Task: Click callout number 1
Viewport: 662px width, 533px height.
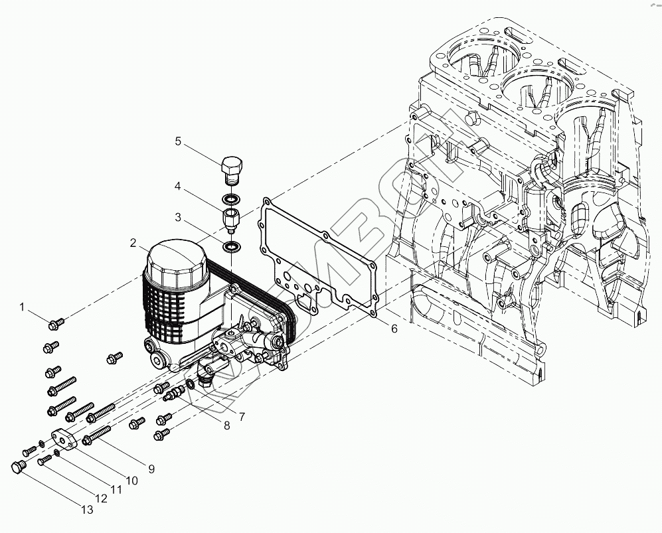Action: coord(22,307)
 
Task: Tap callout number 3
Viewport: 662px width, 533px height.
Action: coord(178,217)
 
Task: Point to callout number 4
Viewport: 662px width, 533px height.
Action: coord(178,187)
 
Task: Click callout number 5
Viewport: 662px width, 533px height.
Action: coord(178,141)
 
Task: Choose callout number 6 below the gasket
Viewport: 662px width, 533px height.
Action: coord(394,329)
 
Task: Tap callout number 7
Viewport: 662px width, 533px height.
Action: coord(242,417)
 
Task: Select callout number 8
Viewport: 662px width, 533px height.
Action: coord(227,425)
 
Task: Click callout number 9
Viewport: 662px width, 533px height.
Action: coord(151,469)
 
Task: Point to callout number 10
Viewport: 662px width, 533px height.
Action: coord(131,480)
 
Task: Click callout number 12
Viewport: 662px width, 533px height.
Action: coord(102,498)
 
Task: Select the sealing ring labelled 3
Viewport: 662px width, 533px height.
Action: coord(232,248)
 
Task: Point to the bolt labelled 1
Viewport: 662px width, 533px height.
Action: coord(56,323)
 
